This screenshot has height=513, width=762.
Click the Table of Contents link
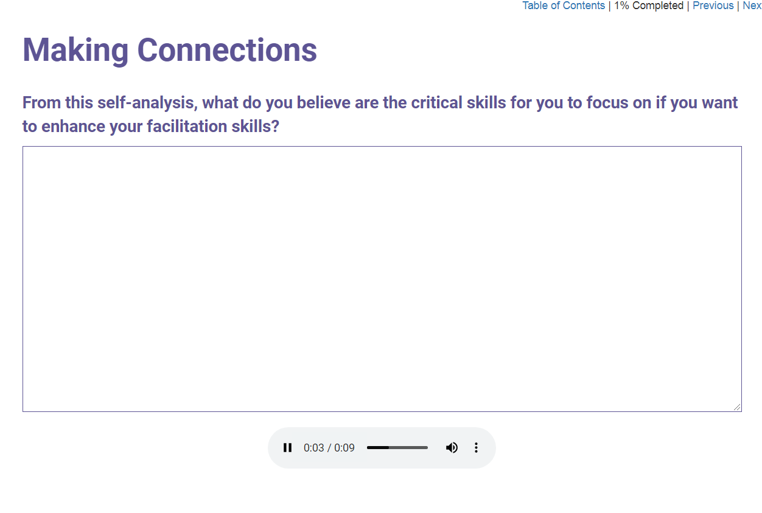coord(564,5)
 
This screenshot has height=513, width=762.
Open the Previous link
coord(713,5)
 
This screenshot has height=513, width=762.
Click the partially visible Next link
coord(752,5)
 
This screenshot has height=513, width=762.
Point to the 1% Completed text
coord(649,5)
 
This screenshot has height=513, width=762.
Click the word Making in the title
coord(75,51)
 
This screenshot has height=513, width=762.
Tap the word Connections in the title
coord(227,51)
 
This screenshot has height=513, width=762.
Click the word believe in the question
coord(323,103)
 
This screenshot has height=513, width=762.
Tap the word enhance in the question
coord(73,126)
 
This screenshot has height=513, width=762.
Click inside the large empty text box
coord(382,279)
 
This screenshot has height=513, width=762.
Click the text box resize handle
coord(737,407)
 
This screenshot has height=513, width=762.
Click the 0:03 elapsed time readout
coord(313,448)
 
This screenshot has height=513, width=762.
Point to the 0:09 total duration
coord(344,448)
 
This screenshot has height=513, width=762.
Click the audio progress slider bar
coord(397,448)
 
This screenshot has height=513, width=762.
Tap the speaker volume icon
coord(452,448)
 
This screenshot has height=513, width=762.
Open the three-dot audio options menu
coord(476,448)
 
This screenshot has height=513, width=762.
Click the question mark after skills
coord(275,126)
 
